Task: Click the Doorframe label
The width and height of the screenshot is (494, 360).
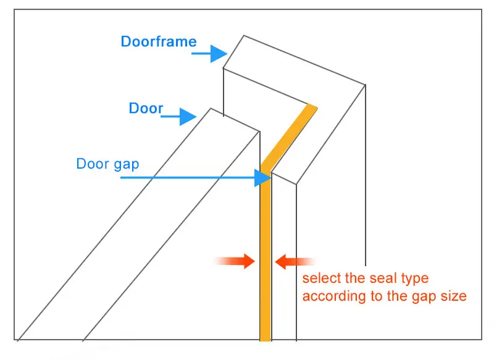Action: (159, 41)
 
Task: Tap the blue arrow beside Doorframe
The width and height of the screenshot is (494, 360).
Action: (209, 54)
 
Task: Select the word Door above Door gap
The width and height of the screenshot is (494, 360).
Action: (146, 108)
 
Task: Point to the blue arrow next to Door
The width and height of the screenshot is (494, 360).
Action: (178, 117)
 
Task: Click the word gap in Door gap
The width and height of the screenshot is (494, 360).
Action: (127, 165)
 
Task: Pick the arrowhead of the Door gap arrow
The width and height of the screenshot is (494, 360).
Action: (263, 178)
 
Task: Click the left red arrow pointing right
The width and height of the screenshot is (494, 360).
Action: (235, 261)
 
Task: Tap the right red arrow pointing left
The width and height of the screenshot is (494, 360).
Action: (295, 261)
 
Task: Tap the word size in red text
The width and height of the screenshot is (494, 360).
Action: (454, 296)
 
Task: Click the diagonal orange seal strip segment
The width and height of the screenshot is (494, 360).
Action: (289, 137)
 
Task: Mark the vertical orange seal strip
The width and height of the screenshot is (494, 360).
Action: (266, 256)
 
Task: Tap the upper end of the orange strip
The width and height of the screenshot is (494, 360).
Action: (312, 106)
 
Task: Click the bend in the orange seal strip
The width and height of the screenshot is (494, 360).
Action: (266, 169)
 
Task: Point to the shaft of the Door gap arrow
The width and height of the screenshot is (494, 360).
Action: (188, 178)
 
